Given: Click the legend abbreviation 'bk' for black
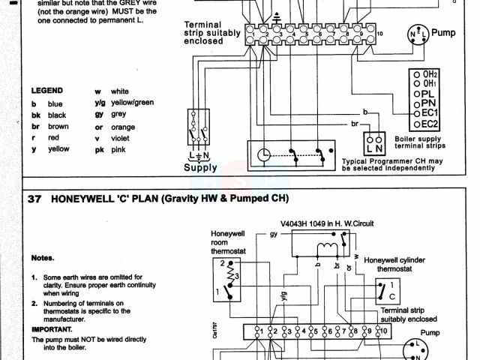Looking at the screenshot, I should point(34,115).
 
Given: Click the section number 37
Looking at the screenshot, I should point(34,198).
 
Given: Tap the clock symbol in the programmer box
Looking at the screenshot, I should point(263,154).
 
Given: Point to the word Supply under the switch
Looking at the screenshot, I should point(201,168).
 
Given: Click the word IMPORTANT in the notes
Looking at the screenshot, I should point(53,329).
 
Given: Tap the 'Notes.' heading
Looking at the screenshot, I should point(42,257).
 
